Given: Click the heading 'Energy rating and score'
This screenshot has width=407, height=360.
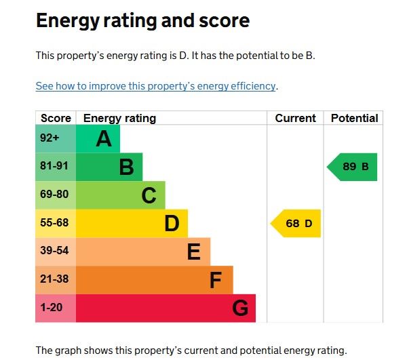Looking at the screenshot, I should pyautogui.click(x=142, y=21).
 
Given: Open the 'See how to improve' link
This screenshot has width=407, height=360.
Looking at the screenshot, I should pyautogui.click(x=156, y=86).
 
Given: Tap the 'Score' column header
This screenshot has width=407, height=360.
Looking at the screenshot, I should pyautogui.click(x=56, y=118).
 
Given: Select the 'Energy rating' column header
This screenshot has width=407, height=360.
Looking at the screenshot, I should pyautogui.click(x=119, y=118).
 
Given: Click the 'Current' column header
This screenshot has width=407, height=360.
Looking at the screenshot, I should pyautogui.click(x=295, y=118).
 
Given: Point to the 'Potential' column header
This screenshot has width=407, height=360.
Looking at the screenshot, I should pyautogui.click(x=354, y=118).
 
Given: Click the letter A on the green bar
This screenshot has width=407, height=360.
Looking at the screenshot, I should pyautogui.click(x=103, y=139).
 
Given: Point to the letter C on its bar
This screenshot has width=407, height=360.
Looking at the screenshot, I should pyautogui.click(x=149, y=195).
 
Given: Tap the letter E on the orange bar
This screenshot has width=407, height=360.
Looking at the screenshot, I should pyautogui.click(x=194, y=252).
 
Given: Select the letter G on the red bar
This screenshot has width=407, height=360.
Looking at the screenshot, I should pyautogui.click(x=240, y=308).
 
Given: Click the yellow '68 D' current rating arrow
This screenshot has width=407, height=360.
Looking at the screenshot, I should pyautogui.click(x=296, y=224).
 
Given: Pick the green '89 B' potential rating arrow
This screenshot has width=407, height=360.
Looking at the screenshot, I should pyautogui.click(x=353, y=167).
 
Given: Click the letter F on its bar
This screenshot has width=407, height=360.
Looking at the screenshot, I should pyautogui.click(x=216, y=280).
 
